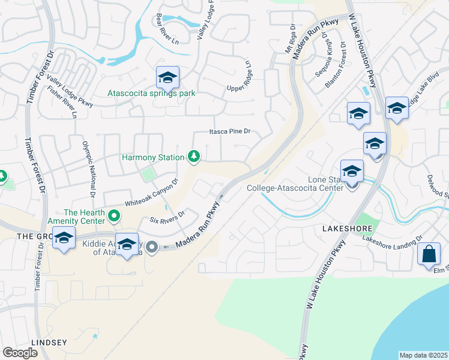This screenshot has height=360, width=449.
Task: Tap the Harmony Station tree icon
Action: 193,157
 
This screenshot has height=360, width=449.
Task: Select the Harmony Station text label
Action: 153,158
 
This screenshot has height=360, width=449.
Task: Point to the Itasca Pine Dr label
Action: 229,131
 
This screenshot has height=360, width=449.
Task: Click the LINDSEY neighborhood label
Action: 50,343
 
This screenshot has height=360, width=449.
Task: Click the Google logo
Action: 20,353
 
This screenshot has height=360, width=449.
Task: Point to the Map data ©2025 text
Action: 423,355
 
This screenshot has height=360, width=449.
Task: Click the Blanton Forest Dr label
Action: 335,65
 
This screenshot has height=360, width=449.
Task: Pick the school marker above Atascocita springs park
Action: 168,77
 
